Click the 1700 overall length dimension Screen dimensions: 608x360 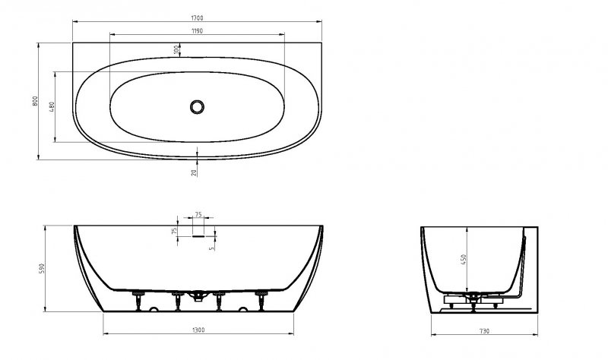click(197, 17)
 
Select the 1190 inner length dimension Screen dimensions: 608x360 click(197, 31)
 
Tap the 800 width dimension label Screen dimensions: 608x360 click(35, 102)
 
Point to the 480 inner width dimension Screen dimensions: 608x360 click(52, 107)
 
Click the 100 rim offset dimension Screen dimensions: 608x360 click(176, 49)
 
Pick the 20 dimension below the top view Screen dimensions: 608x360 click(194, 172)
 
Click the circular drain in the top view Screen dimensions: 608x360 click(197, 106)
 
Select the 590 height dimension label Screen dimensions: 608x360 click(42, 268)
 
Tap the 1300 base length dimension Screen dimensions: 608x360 click(198, 330)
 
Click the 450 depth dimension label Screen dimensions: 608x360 click(464, 260)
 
